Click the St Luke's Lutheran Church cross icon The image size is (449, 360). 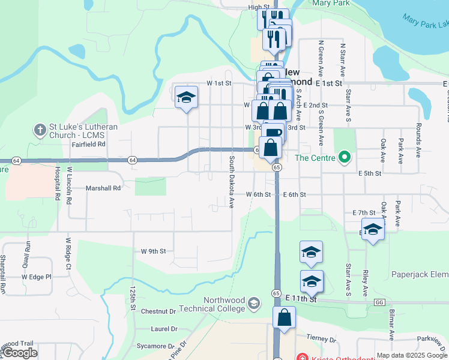pyautogui.click(x=40, y=130)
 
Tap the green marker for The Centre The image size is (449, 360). pyautogui.click(x=343, y=158)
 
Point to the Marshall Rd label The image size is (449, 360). pyautogui.click(x=103, y=188)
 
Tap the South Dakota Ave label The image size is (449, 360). pyautogui.click(x=231, y=182)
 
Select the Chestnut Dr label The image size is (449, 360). pyautogui.click(x=158, y=311)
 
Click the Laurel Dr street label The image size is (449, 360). pyautogui.click(x=164, y=329)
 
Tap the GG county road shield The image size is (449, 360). pyautogui.click(x=379, y=302)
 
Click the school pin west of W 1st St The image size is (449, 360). pyautogui.click(x=186, y=98)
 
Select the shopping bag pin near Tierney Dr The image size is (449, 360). pyautogui.click(x=284, y=318)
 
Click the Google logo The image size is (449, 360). pyautogui.click(x=19, y=353)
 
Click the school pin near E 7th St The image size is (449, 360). pyautogui.click(x=373, y=231)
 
